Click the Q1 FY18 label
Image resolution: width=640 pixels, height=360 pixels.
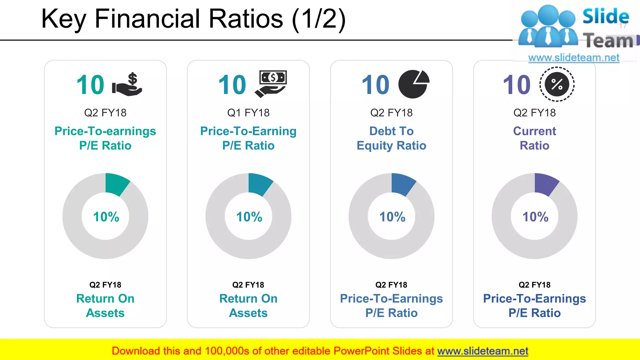[248, 113]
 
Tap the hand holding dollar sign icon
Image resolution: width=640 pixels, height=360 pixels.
[127, 84]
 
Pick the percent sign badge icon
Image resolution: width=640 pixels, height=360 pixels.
[557, 84]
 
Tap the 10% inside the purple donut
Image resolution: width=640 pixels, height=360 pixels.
[535, 217]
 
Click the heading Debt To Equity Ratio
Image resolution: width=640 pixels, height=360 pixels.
[391, 138]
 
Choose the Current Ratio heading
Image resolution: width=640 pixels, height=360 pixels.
[534, 138]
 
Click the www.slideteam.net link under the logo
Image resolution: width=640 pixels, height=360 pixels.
[573, 58]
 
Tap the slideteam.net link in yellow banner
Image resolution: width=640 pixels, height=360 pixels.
[482, 351]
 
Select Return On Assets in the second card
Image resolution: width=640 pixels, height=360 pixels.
[248, 306]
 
